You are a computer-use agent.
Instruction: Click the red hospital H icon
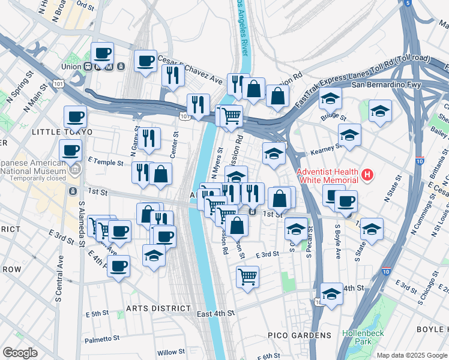[x=367, y=176]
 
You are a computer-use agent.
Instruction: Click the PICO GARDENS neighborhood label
[x=308, y=335]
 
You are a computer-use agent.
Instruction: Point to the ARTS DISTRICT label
[x=158, y=308]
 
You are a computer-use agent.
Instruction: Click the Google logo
[x=20, y=353]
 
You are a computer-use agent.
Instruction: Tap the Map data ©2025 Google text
[x=411, y=355]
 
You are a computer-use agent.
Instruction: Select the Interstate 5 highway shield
[x=408, y=3]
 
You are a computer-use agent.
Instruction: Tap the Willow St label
[x=170, y=352]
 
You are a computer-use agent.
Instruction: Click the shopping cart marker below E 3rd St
[x=247, y=277]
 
